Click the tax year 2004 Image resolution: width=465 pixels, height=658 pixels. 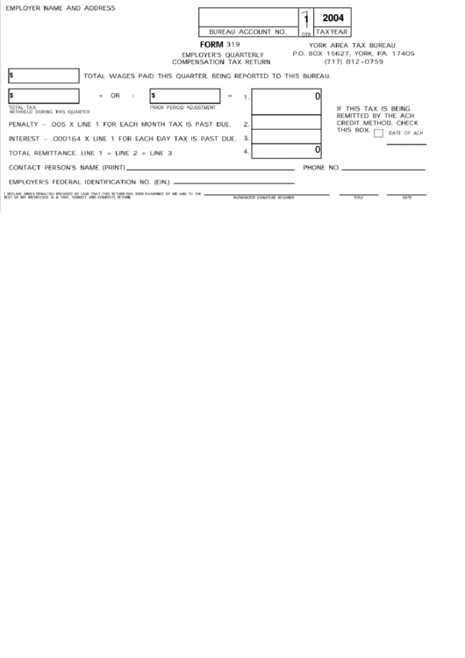point(333,18)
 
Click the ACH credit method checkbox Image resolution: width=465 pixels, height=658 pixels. point(378,134)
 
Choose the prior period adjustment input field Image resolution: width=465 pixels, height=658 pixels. point(184,95)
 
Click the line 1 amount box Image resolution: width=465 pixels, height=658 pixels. point(287,101)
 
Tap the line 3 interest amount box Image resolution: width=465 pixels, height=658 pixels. point(287,138)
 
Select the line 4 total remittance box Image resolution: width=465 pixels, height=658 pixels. point(287,152)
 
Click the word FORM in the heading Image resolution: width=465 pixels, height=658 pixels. point(211,44)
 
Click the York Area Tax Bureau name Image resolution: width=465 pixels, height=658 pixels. point(353,45)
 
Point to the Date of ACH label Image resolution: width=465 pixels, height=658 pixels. point(406,134)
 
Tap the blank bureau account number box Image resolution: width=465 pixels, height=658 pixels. point(247,18)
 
